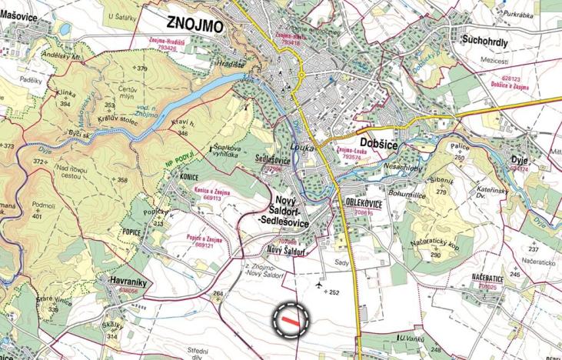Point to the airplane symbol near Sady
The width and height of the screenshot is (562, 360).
(x=318, y=285)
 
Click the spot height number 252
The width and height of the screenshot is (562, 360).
(x=334, y=292)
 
